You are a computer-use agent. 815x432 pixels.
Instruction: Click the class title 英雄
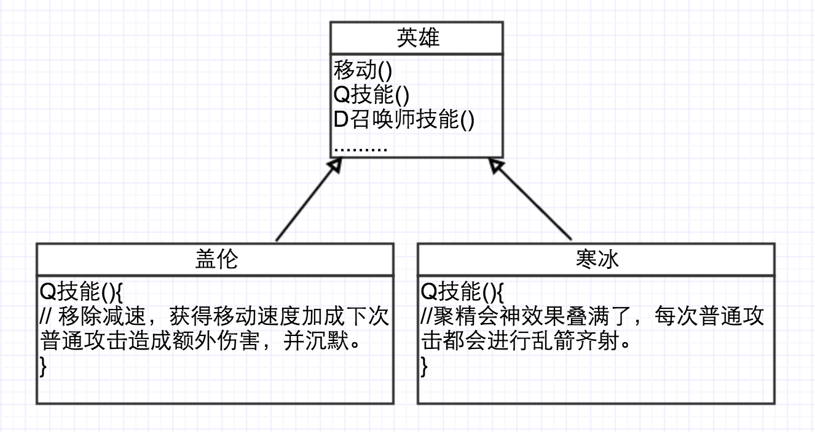tap(417, 38)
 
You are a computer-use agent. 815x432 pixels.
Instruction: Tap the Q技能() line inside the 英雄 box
tap(371, 95)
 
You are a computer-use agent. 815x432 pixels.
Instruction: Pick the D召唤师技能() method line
tap(404, 120)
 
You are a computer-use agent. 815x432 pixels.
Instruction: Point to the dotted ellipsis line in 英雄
tap(360, 148)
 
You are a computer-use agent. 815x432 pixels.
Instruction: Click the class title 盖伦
tap(215, 260)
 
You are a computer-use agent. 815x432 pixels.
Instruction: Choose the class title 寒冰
tap(597, 260)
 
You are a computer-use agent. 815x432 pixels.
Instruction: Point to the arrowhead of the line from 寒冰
tap(496, 165)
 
